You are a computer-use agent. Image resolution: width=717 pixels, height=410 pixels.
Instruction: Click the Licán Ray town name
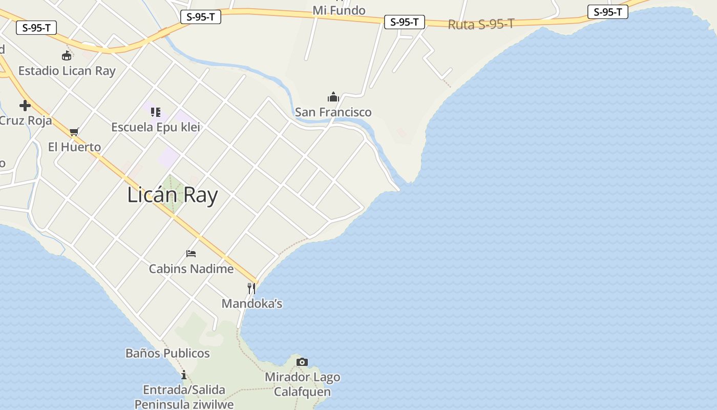(x=173, y=195)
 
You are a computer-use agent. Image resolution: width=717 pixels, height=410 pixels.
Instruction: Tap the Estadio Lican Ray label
(x=67, y=71)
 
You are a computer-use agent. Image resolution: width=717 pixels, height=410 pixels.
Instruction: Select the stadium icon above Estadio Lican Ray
(x=67, y=55)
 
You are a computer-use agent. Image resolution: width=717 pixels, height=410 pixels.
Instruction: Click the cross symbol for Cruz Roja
(x=25, y=106)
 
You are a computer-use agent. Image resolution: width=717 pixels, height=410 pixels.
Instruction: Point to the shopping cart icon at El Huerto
(x=74, y=132)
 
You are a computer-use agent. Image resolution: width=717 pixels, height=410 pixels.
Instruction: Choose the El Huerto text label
(x=74, y=147)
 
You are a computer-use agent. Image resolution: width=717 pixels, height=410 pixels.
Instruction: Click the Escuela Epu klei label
(x=156, y=127)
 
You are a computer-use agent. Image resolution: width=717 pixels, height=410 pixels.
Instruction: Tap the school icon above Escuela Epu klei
(x=156, y=112)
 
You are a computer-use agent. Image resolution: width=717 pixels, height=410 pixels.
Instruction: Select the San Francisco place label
(x=333, y=112)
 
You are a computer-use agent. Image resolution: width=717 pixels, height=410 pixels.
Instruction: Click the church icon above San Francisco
(x=333, y=97)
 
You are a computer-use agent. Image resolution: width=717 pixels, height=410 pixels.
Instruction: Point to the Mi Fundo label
(x=339, y=10)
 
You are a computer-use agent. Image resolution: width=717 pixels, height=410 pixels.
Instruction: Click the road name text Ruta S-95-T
(x=481, y=24)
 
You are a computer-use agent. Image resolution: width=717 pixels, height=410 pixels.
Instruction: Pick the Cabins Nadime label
(x=191, y=269)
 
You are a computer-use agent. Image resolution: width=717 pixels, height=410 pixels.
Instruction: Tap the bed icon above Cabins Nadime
(x=191, y=254)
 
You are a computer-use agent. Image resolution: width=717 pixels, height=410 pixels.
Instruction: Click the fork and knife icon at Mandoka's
(x=251, y=289)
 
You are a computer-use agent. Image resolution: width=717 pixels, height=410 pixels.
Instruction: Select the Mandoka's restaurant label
(x=252, y=303)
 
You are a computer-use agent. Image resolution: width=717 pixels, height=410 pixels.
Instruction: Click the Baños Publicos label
(x=167, y=353)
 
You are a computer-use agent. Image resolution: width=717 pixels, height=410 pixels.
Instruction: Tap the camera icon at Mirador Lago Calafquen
(x=302, y=362)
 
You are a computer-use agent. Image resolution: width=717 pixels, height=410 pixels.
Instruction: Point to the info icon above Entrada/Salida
(x=184, y=375)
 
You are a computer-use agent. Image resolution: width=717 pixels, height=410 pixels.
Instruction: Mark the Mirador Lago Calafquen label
(x=302, y=384)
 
